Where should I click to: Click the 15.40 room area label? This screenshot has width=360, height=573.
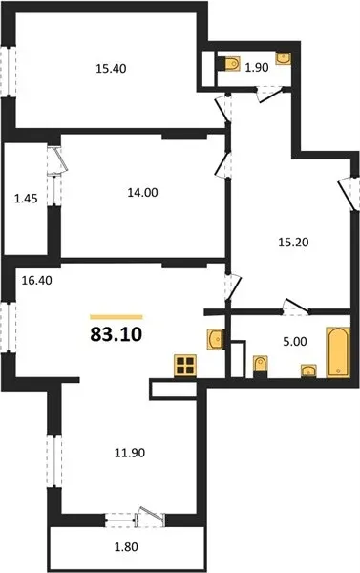pos(111,69)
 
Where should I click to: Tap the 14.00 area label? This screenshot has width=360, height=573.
pos(142,192)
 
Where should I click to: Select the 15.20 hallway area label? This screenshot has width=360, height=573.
pos(293,242)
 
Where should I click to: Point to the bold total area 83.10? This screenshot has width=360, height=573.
pos(116,334)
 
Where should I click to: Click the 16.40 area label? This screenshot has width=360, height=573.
pos(36,280)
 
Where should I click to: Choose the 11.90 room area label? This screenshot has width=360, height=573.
pos(130,453)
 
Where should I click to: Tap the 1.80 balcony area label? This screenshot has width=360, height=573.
pos(126,547)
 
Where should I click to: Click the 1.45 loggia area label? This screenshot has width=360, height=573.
pos(26,199)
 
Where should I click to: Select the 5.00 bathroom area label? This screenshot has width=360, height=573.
pos(295,342)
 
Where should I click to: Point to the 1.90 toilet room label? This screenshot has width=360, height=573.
pos(257,67)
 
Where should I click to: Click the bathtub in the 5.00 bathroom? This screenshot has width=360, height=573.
pos(338,351)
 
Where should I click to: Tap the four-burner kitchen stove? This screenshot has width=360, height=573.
pos(185,366)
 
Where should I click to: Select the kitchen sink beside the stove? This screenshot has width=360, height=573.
pos(216,339)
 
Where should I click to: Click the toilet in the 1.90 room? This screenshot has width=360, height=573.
pos(229,63)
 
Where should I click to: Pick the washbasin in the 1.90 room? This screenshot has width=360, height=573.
pos(284,58)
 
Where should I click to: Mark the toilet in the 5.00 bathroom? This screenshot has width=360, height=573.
pos(261,367)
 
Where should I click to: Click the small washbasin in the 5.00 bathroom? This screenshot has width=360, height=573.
pos(308,371)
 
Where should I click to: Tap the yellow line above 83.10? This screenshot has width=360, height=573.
pos(116,317)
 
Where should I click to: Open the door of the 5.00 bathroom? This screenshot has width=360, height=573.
pos(296,308)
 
